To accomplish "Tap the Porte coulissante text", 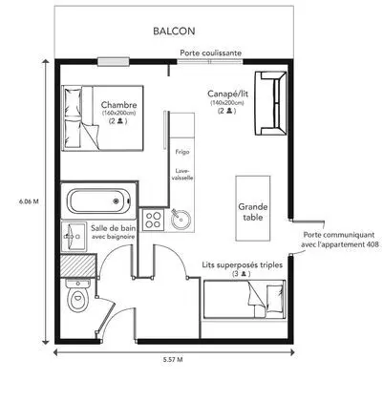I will click(x=210, y=53).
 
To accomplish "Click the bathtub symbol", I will click(x=96, y=201).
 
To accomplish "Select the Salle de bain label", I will click(x=112, y=233).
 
